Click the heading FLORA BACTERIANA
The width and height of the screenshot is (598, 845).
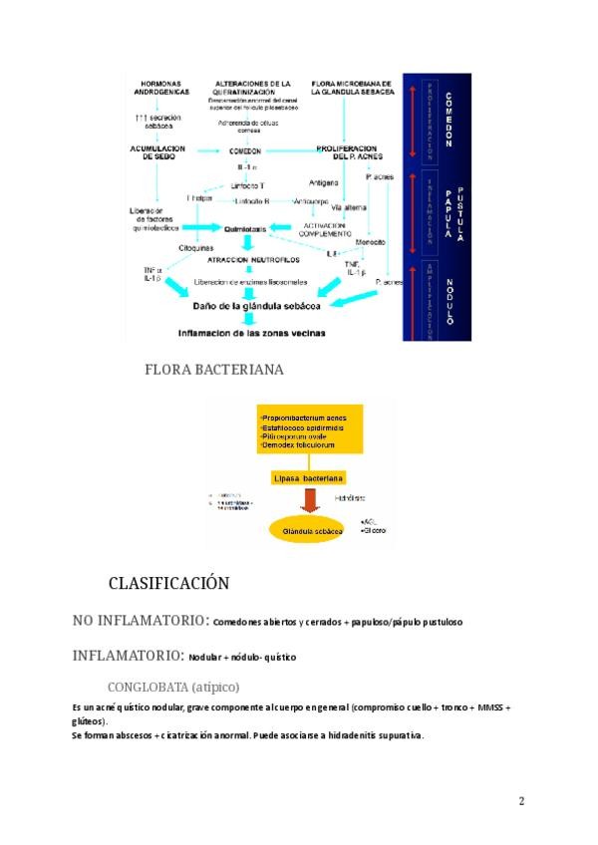213,370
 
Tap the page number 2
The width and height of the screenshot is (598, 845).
521,801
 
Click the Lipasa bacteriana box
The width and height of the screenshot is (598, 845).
309,479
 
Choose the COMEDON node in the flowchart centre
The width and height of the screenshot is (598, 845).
245,151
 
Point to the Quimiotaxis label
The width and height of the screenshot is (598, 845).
245,228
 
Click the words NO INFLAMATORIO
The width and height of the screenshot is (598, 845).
139,621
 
